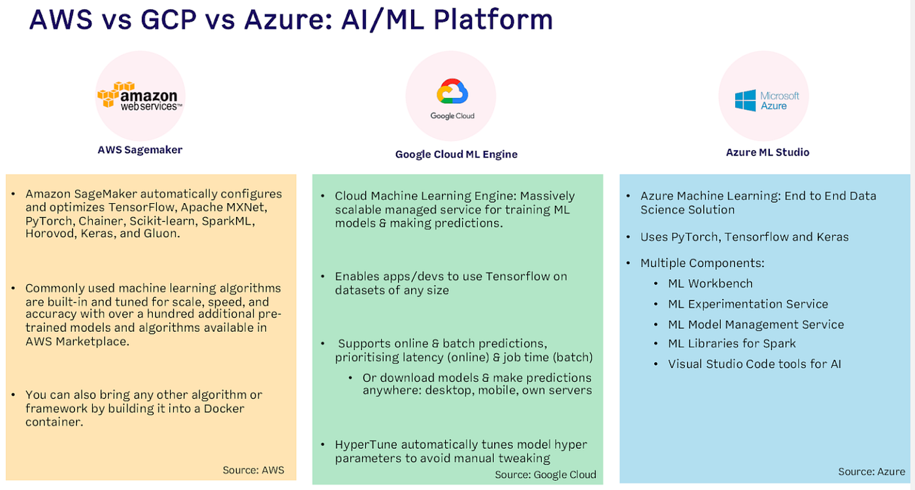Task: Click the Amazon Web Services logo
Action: pyautogui.click(x=140, y=95)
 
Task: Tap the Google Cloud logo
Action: pyautogui.click(x=452, y=99)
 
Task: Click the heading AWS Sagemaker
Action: pyautogui.click(x=140, y=150)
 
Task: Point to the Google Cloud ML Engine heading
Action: pyautogui.click(x=456, y=154)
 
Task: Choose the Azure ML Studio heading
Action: pyautogui.click(x=767, y=152)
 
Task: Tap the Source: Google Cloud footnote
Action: pyautogui.click(x=545, y=474)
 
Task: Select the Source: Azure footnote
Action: pyautogui.click(x=872, y=471)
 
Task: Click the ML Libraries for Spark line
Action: pyautogui.click(x=731, y=344)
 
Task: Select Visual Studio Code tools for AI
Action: pyautogui.click(x=754, y=364)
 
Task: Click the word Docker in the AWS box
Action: pyautogui.click(x=225, y=408)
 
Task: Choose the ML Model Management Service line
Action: pyautogui.click(x=756, y=324)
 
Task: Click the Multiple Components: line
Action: pyautogui.click(x=702, y=263)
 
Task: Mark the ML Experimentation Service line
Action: pyautogui.click(x=748, y=304)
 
